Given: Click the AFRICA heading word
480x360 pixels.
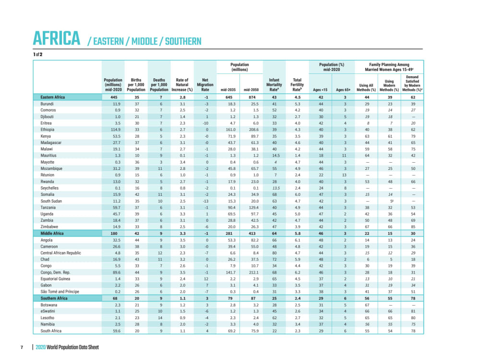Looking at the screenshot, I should (x=56, y=38).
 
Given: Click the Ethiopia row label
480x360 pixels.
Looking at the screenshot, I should (x=48, y=130).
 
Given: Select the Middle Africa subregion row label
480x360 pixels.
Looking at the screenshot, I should (x=52, y=233).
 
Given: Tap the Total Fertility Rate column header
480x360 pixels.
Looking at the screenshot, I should (x=297, y=84).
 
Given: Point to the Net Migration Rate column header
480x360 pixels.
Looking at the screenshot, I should (x=205, y=84).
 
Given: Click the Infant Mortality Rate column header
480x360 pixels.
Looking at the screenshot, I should (x=274, y=84).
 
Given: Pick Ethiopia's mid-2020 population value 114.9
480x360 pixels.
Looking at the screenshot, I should (x=113, y=130).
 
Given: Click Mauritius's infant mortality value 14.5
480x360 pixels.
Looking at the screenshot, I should (x=274, y=156).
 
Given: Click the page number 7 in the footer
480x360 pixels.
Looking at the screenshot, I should (x=22, y=347).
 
